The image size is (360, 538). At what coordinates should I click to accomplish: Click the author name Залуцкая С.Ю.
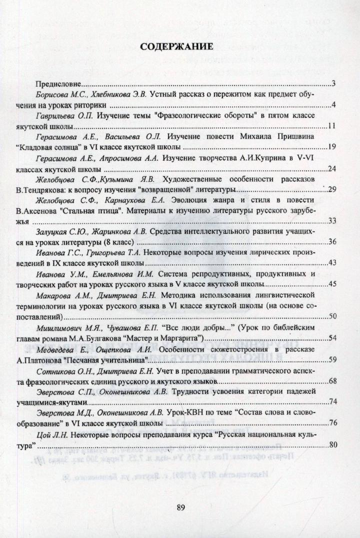[x=59, y=232]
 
